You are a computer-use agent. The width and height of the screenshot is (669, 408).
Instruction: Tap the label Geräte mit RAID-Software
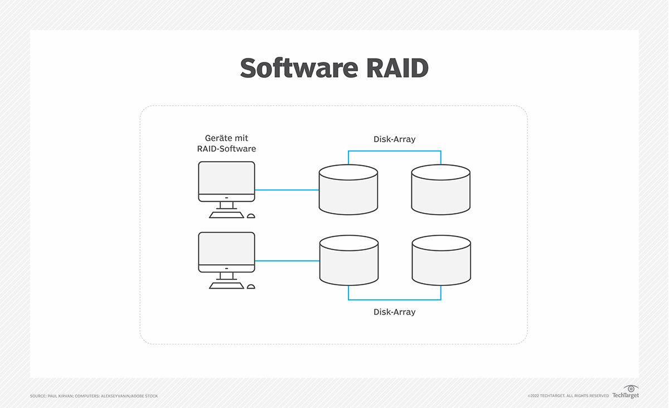coord(226,143)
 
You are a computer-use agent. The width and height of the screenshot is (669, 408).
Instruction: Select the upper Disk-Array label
coord(394,139)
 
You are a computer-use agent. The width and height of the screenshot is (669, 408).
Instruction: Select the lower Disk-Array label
coord(394,312)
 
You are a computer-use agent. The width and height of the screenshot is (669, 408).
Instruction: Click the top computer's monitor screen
coord(226,178)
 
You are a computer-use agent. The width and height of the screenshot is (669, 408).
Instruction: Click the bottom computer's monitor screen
coord(226,249)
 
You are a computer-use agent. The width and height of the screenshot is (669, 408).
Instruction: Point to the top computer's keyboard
coord(226,215)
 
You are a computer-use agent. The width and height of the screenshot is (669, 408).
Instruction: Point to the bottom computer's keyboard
coord(226,286)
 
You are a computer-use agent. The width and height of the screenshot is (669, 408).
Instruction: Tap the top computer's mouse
coord(251,216)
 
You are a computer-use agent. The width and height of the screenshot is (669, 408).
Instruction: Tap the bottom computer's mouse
coord(251,286)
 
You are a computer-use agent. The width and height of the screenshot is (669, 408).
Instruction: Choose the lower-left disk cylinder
coord(348,261)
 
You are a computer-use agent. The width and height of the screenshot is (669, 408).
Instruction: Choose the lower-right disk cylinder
coord(441,261)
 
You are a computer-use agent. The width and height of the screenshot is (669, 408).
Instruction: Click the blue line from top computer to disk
coord(287,190)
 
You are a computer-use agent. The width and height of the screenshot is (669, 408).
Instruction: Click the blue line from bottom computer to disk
coord(287,261)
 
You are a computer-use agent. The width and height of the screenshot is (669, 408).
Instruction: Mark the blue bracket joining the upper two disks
coord(394,151)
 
